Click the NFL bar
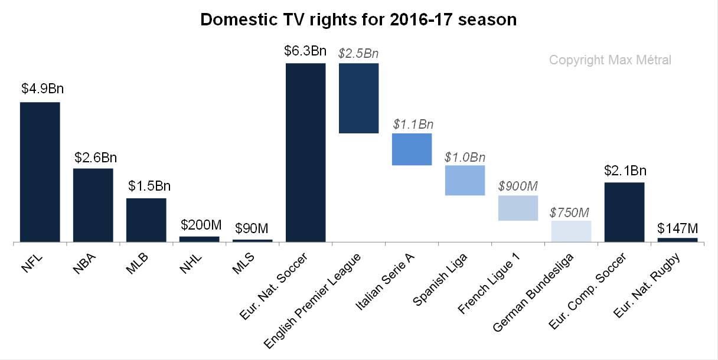pos(40,172)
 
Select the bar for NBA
pos(93,205)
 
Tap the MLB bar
pos(146,220)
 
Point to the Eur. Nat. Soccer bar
pos(306,152)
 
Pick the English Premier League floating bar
pos(358,98)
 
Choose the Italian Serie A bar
pos(412,149)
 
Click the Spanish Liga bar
pos(465,180)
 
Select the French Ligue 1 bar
pos(518,208)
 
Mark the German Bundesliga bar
pos(571,231)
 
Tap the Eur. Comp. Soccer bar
pos(624,212)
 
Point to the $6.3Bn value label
pos(305,51)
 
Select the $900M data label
pos(518,185)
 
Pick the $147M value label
pos(677,227)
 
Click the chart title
pos(358,19)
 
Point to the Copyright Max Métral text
pos(610,60)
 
